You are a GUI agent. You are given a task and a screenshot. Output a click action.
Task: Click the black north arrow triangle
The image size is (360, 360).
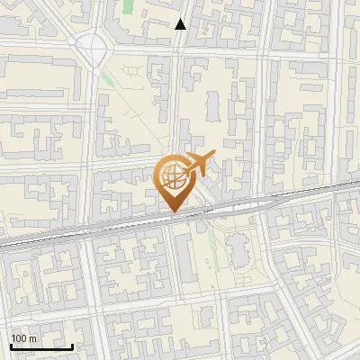click(181, 25)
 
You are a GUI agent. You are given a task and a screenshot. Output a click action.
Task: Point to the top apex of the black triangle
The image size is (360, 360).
click(181, 20)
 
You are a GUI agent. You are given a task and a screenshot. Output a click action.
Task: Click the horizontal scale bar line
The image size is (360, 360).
click(41, 346)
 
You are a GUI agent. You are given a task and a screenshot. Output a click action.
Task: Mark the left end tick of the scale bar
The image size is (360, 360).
click(11, 345)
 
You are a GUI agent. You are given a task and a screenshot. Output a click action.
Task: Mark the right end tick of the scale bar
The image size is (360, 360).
click(72, 345)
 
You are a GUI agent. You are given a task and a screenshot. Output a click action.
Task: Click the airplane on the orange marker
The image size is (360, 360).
click(199, 164)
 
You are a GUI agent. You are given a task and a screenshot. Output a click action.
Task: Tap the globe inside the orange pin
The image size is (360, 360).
click(172, 175)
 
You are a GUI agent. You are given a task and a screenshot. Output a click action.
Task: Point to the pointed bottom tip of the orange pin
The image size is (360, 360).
click(172, 212)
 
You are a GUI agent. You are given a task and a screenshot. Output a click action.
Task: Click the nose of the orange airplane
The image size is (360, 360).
click(216, 156)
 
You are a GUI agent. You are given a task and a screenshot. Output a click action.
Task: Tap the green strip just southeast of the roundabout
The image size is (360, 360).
click(107, 78)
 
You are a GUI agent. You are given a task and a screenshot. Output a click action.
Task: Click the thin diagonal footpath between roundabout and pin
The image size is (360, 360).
click(135, 117)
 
